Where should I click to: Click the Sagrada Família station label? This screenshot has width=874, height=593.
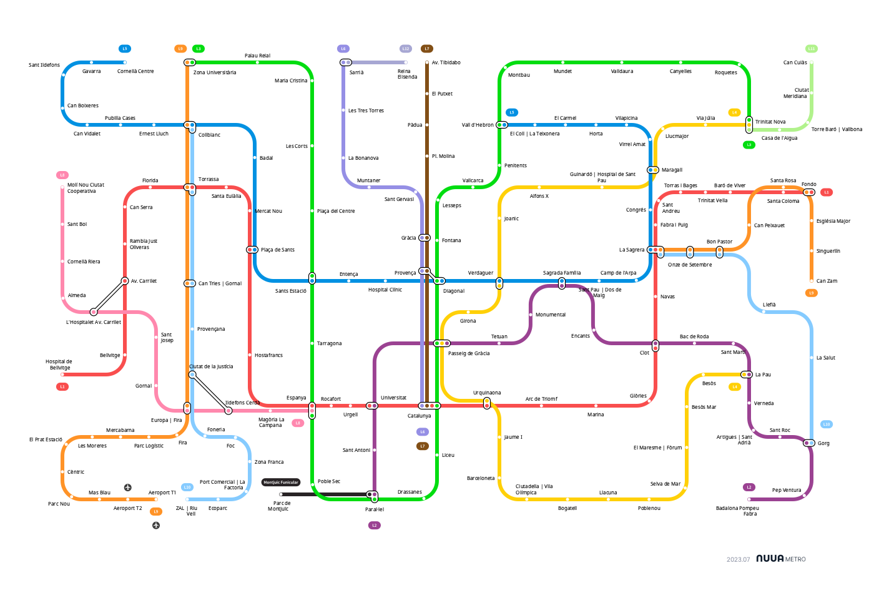click(561, 273)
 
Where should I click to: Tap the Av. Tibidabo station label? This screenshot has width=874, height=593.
click(446, 62)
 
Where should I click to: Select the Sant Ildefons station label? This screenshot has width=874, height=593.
click(44, 65)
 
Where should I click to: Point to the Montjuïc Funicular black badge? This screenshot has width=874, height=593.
click(281, 483)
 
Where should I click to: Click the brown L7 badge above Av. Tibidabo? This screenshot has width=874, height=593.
click(427, 49)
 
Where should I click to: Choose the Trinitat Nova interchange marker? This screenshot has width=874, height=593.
click(749, 125)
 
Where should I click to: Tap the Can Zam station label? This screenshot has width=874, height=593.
click(827, 281)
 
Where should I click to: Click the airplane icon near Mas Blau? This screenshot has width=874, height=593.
click(128, 487)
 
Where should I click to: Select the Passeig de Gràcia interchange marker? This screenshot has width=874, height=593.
click(442, 343)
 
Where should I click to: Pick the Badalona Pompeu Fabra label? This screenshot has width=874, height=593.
click(737, 511)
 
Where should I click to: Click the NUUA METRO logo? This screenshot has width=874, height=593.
click(780, 559)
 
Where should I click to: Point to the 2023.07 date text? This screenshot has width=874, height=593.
click(738, 559)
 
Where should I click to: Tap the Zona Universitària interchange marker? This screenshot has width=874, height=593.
click(190, 62)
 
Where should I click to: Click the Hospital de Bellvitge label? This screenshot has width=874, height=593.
click(59, 365)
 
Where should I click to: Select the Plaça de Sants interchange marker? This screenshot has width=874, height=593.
click(252, 250)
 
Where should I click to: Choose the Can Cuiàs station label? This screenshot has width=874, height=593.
click(795, 62)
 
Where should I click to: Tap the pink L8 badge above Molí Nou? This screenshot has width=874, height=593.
click(62, 175)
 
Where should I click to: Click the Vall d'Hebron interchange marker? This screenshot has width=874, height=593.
click(502, 125)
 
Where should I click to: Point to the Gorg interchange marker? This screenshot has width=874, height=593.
click(809, 443)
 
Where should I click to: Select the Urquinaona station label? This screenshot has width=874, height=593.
click(487, 393)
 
